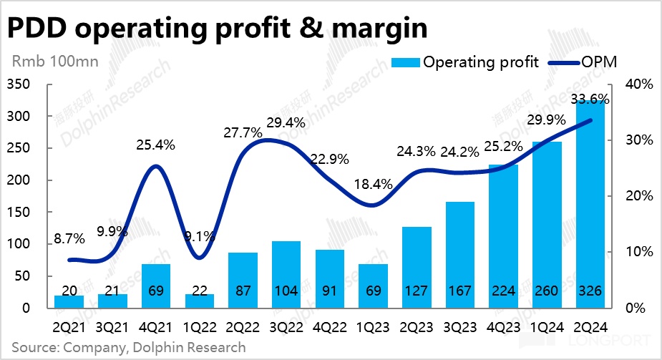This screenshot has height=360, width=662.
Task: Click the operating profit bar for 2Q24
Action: point(590,208)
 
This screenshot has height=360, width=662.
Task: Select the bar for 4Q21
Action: point(156,286)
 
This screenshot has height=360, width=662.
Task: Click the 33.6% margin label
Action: point(590,99)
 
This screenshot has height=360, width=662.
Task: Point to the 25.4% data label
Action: point(156,146)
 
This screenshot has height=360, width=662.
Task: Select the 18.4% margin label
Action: point(373,184)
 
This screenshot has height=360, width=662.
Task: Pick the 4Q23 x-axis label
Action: point(503,327)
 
